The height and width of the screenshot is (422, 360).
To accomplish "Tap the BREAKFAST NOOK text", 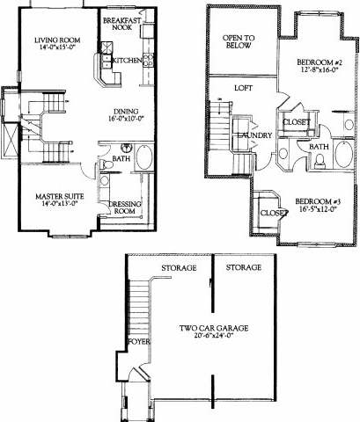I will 123,23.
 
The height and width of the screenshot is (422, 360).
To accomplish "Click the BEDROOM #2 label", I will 316,61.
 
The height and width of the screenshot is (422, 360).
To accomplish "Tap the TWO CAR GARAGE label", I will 213,328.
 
